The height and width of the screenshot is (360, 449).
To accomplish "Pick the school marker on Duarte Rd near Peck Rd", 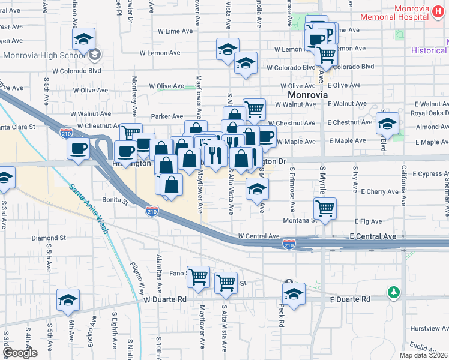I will (x=294, y=294).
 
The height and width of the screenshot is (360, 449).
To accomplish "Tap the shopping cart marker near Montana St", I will (x=325, y=209).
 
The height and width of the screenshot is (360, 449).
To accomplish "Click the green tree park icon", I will (x=394, y=292).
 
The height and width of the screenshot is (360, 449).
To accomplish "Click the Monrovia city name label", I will (x=307, y=95).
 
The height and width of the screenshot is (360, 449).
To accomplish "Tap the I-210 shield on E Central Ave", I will (x=289, y=244).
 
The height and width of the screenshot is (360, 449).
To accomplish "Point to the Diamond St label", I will (x=49, y=238).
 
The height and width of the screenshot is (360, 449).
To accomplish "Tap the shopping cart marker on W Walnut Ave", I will (x=255, y=109).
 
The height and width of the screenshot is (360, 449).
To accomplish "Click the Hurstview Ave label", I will (x=429, y=328).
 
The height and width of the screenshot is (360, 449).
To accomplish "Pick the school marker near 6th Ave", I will (x=68, y=299).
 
